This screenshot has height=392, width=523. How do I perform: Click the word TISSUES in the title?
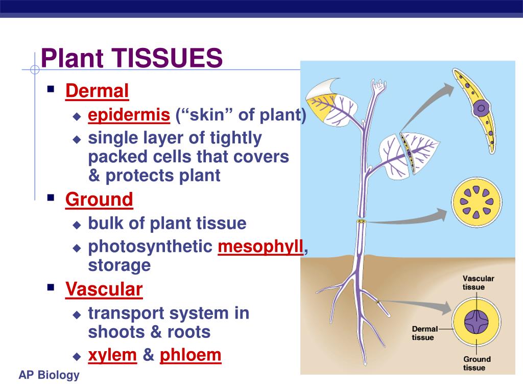tap(167, 58)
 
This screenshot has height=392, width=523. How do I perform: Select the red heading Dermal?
tap(97, 91)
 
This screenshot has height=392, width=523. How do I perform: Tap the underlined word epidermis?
tap(129, 115)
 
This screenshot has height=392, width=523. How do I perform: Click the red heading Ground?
tap(99, 200)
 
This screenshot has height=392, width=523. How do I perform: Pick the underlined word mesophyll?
tap(260, 247)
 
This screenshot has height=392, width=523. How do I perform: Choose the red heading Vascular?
tap(104, 289)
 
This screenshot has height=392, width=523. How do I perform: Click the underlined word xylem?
tap(112, 355)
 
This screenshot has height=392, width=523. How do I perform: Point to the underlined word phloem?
tap(191, 355)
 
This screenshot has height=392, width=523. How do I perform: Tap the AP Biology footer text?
tap(49, 375)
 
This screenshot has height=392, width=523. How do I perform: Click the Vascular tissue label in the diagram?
tap(478, 283)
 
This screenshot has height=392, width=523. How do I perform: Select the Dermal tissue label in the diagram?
tap(424, 333)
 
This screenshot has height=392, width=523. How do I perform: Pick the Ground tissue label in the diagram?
tap(477, 363)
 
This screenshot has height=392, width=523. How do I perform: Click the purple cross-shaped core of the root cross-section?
tap(477, 322)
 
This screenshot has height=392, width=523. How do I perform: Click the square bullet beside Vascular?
tap(51, 287)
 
